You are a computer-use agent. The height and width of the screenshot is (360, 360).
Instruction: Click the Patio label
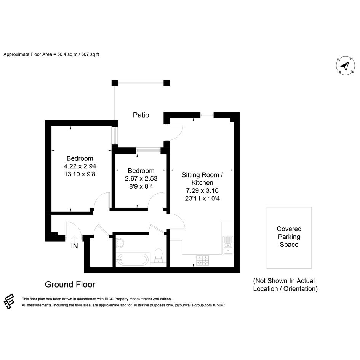141,115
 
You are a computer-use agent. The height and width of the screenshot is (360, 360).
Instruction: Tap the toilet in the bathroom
158,256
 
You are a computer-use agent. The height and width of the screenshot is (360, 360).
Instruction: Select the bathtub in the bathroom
132,260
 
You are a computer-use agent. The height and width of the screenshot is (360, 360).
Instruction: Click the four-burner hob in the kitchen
203,261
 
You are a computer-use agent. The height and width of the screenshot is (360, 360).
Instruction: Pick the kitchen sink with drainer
228,245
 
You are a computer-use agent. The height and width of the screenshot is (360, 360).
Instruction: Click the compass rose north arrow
345,66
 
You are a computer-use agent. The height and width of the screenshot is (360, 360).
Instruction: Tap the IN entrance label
74,246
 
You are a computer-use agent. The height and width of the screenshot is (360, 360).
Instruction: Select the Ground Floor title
70,285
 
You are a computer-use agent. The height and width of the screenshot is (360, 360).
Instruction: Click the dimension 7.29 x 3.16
202,190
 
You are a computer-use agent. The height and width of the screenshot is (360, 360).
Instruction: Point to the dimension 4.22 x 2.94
80,166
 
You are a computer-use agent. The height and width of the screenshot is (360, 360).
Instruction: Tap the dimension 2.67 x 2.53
141,178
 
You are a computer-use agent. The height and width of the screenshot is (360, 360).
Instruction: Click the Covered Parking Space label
289,237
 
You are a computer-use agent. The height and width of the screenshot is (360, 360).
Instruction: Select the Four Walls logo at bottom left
9,301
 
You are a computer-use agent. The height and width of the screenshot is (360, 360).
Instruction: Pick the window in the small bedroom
148,150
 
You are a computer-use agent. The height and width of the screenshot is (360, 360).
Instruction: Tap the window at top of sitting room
207,115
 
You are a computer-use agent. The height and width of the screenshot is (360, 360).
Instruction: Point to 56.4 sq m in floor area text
67,54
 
